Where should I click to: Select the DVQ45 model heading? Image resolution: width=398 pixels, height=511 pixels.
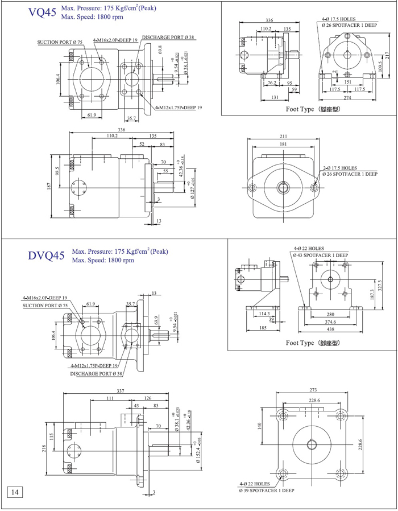(x=46, y=255)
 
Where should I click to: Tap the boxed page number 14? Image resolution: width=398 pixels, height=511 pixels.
(x=15, y=491)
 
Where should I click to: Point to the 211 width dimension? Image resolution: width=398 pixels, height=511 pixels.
(x=284, y=137)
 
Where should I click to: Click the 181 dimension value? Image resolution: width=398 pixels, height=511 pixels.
(x=283, y=145)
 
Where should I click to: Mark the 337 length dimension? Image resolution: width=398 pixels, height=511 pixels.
(x=121, y=390)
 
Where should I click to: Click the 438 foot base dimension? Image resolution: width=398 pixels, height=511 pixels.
(x=330, y=329)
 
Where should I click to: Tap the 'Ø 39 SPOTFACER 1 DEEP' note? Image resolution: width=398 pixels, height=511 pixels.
(x=267, y=490)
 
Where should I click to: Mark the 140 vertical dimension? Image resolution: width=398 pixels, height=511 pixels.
(x=260, y=425)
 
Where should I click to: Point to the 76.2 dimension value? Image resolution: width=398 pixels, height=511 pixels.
(x=271, y=83)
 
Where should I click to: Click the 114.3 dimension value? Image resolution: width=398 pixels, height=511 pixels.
(x=264, y=314)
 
